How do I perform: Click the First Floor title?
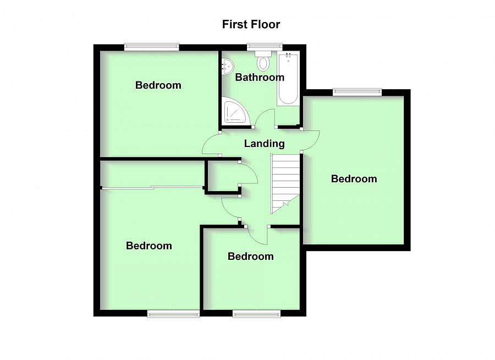(251, 24)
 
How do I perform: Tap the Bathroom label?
(260, 77)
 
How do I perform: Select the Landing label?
(264, 144)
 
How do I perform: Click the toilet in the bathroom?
(263, 62)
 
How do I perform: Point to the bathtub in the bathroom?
(288, 78)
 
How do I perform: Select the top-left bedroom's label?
(158, 85)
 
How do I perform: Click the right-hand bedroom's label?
(354, 179)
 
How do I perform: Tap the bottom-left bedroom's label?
(149, 246)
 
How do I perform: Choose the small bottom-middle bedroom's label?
(250, 257)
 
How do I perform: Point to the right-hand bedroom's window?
(356, 92)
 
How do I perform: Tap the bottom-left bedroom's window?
(173, 314)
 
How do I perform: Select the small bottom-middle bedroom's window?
(256, 314)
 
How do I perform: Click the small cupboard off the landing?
(223, 176)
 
